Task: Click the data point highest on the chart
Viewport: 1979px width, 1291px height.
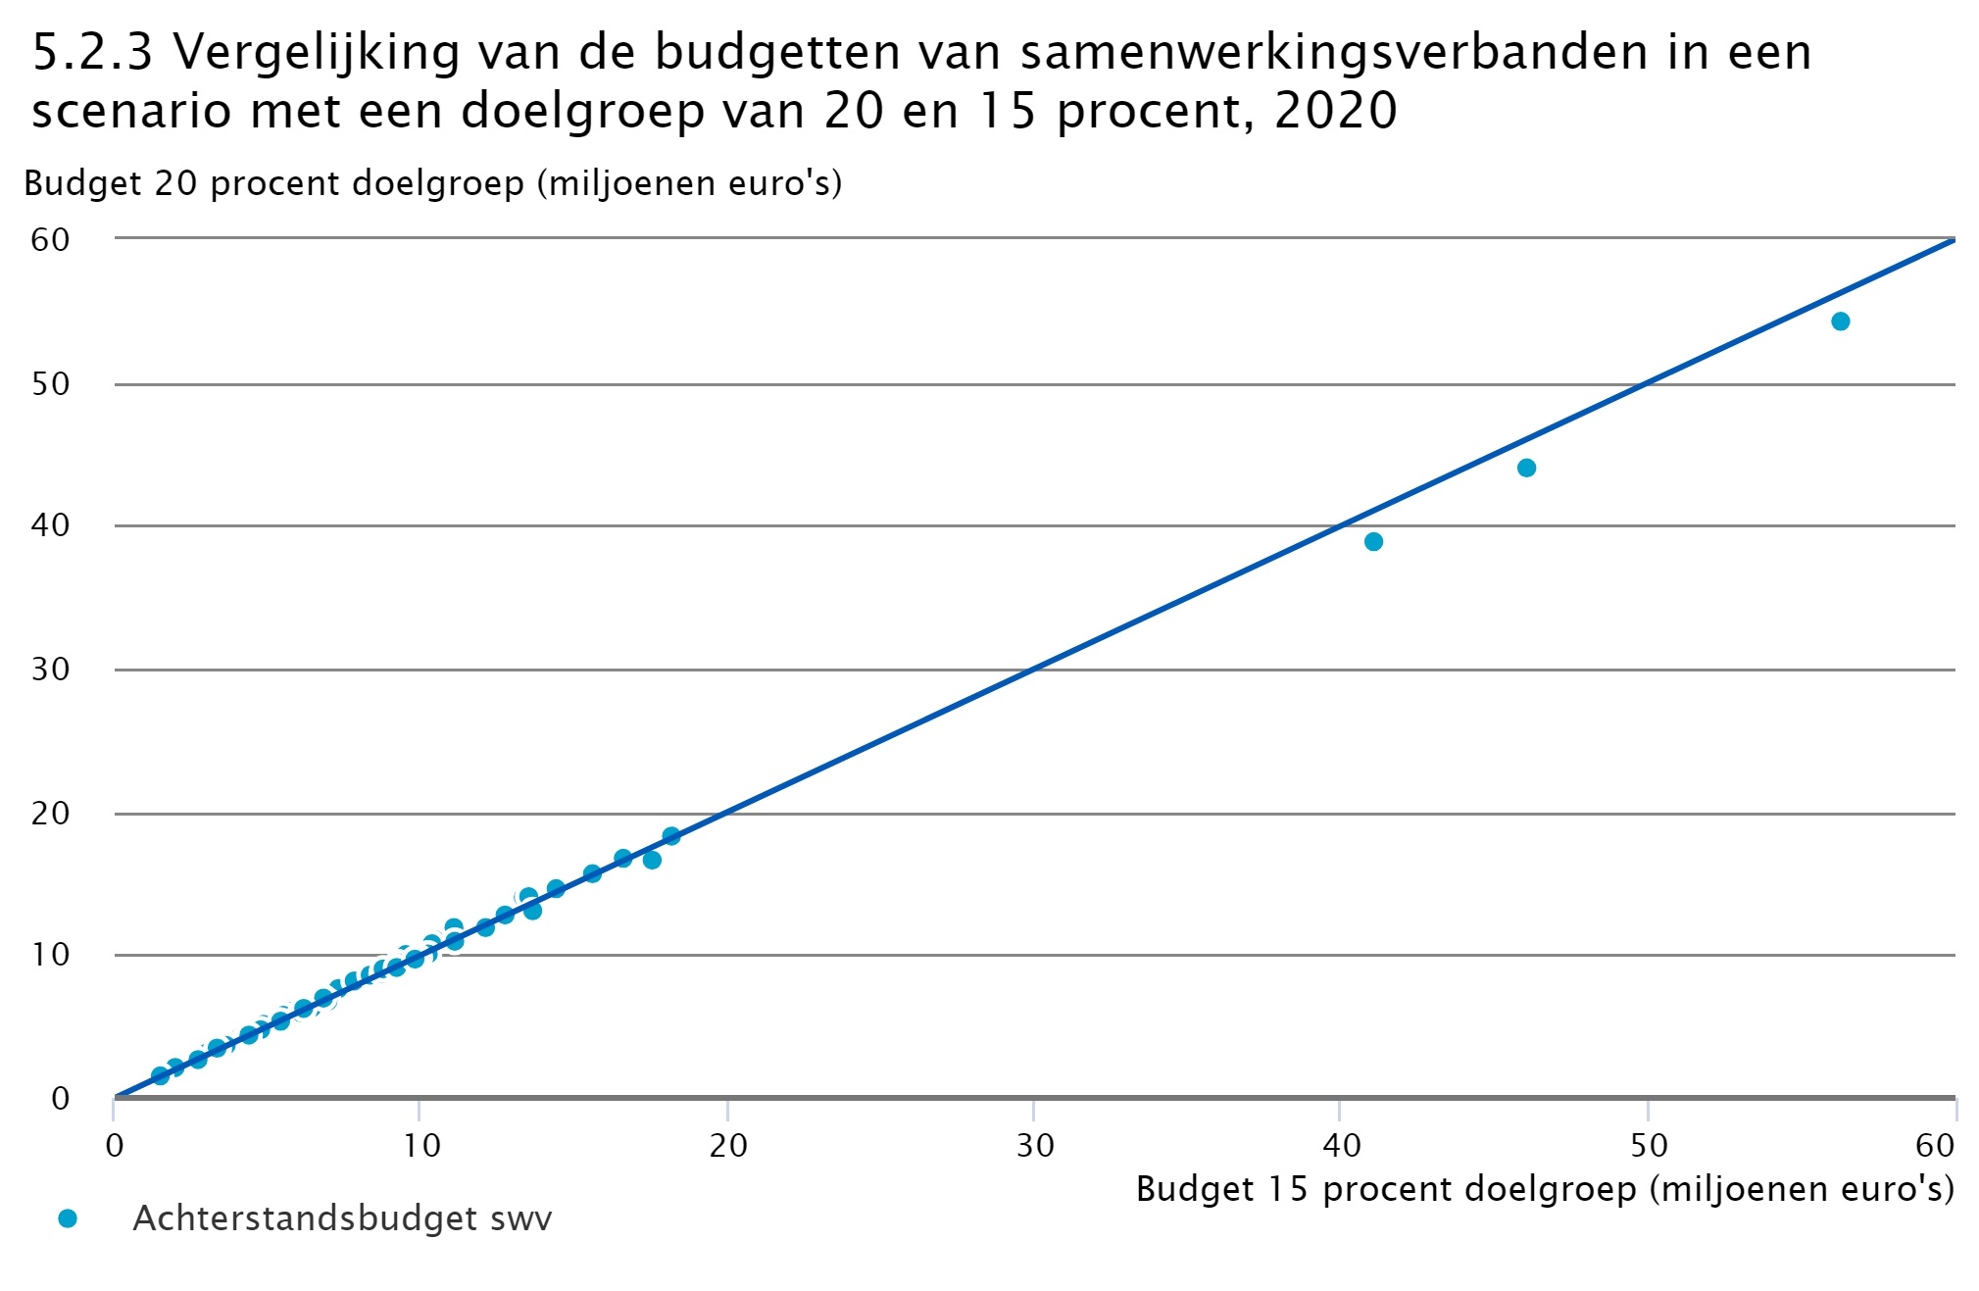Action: [x=1840, y=322]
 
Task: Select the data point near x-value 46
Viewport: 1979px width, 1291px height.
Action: [x=1526, y=468]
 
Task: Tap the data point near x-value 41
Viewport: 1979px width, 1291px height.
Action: [x=1373, y=542]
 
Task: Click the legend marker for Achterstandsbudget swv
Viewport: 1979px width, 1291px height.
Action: [x=68, y=1218]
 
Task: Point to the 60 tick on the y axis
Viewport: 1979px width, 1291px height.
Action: [x=50, y=239]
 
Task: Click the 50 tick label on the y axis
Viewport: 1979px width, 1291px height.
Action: [x=50, y=383]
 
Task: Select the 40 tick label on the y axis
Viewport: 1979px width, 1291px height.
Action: [x=50, y=525]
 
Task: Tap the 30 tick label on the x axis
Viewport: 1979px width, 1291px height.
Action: [x=1034, y=1145]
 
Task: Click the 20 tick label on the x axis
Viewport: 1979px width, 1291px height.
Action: [x=728, y=1145]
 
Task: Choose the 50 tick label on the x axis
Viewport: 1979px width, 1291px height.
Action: [x=1649, y=1145]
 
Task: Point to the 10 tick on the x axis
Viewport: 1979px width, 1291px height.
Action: [x=421, y=1145]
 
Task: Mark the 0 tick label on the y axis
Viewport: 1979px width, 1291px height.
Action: [x=60, y=1098]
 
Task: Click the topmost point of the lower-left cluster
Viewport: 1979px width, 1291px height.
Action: [x=670, y=836]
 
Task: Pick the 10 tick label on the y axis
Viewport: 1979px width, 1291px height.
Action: [x=50, y=955]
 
